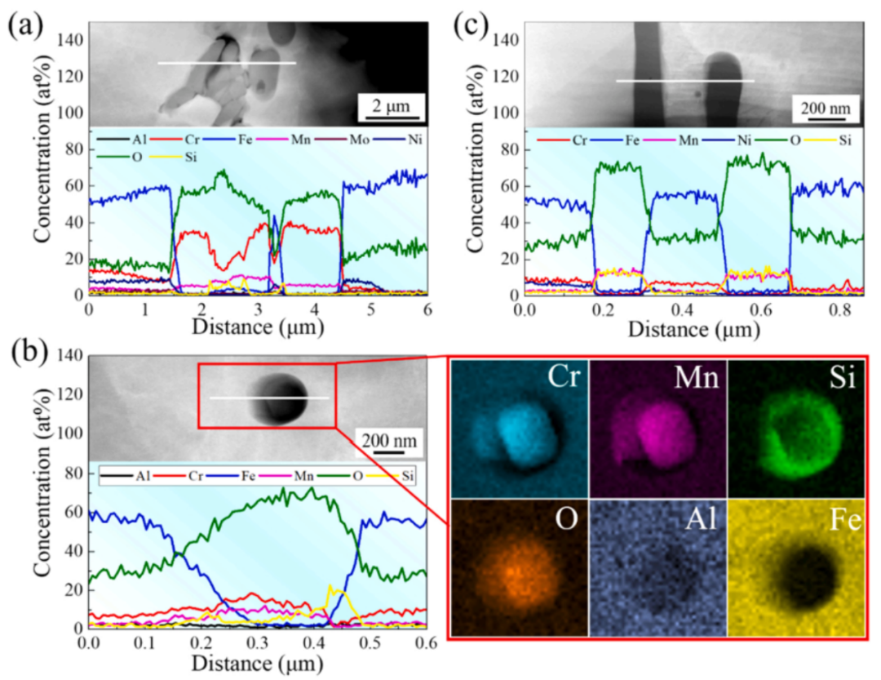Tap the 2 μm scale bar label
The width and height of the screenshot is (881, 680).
[382, 106]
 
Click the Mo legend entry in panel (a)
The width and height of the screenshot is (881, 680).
[343, 140]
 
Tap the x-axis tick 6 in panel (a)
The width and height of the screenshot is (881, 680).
[427, 312]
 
